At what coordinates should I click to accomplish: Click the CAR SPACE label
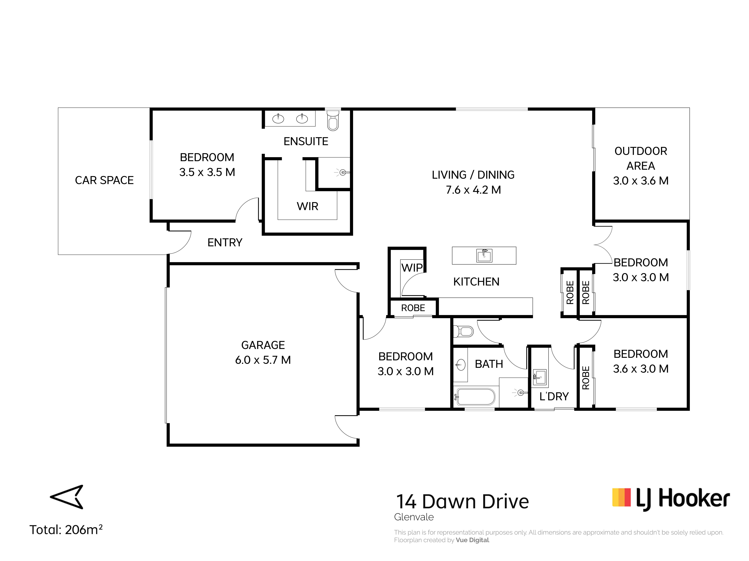pyautogui.click(x=104, y=180)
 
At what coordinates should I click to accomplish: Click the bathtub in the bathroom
pyautogui.click(x=476, y=397)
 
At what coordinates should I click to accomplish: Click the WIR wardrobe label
pyautogui.click(x=307, y=206)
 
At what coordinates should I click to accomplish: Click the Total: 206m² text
pyautogui.click(x=66, y=530)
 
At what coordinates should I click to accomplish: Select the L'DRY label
pyautogui.click(x=554, y=396)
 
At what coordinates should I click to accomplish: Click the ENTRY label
pyautogui.click(x=225, y=242)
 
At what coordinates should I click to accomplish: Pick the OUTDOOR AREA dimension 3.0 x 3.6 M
pyautogui.click(x=641, y=181)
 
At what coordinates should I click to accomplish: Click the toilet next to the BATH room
pyautogui.click(x=463, y=331)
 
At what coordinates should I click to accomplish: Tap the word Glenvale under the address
pyautogui.click(x=414, y=517)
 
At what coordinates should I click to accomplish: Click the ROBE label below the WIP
pyautogui.click(x=413, y=308)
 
